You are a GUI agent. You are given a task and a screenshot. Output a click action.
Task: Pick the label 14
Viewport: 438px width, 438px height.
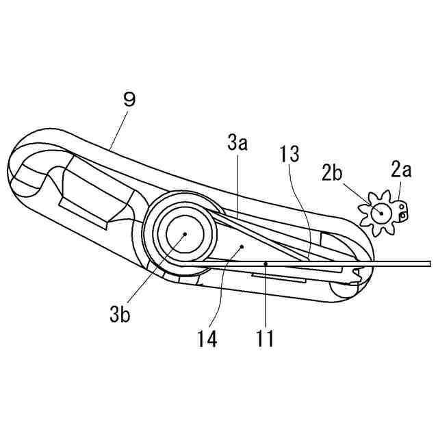[x=207, y=338]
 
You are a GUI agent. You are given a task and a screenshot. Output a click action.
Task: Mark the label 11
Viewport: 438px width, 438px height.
[x=265, y=338]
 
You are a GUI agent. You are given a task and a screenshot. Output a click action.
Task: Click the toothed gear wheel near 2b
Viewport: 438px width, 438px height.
[x=378, y=214]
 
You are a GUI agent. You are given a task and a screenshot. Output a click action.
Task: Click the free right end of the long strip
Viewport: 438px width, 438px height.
[x=428, y=263]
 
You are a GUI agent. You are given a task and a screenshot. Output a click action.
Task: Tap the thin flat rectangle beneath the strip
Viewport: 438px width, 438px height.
[x=279, y=277]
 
